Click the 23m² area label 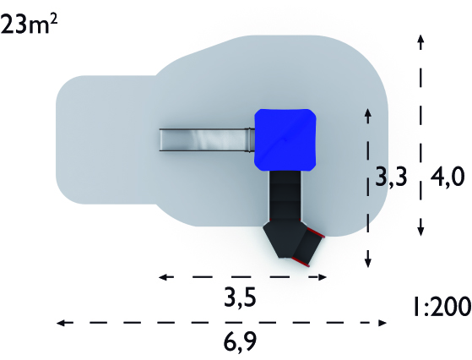click(x=30, y=25)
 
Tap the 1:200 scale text click(x=442, y=307)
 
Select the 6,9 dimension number click(x=240, y=341)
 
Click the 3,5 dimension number click(x=240, y=297)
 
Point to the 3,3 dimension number click(x=391, y=177)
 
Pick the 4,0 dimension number click(x=448, y=177)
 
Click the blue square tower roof click(x=285, y=140)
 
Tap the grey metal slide click(x=207, y=139)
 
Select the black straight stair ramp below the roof click(x=285, y=196)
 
